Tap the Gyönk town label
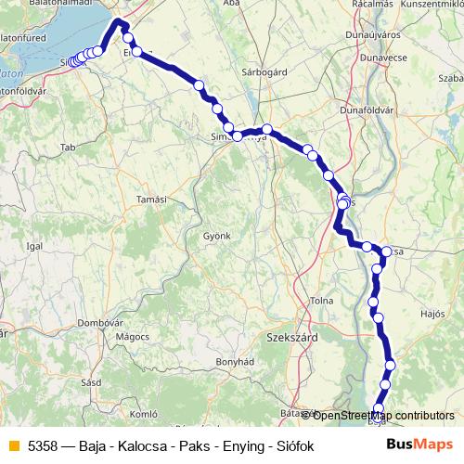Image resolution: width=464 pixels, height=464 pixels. tap(216, 236)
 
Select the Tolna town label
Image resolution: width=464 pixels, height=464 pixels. tap(322, 300)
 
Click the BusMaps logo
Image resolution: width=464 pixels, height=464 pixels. tap(420, 445)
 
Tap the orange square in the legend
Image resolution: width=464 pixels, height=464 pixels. tap(13, 446)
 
